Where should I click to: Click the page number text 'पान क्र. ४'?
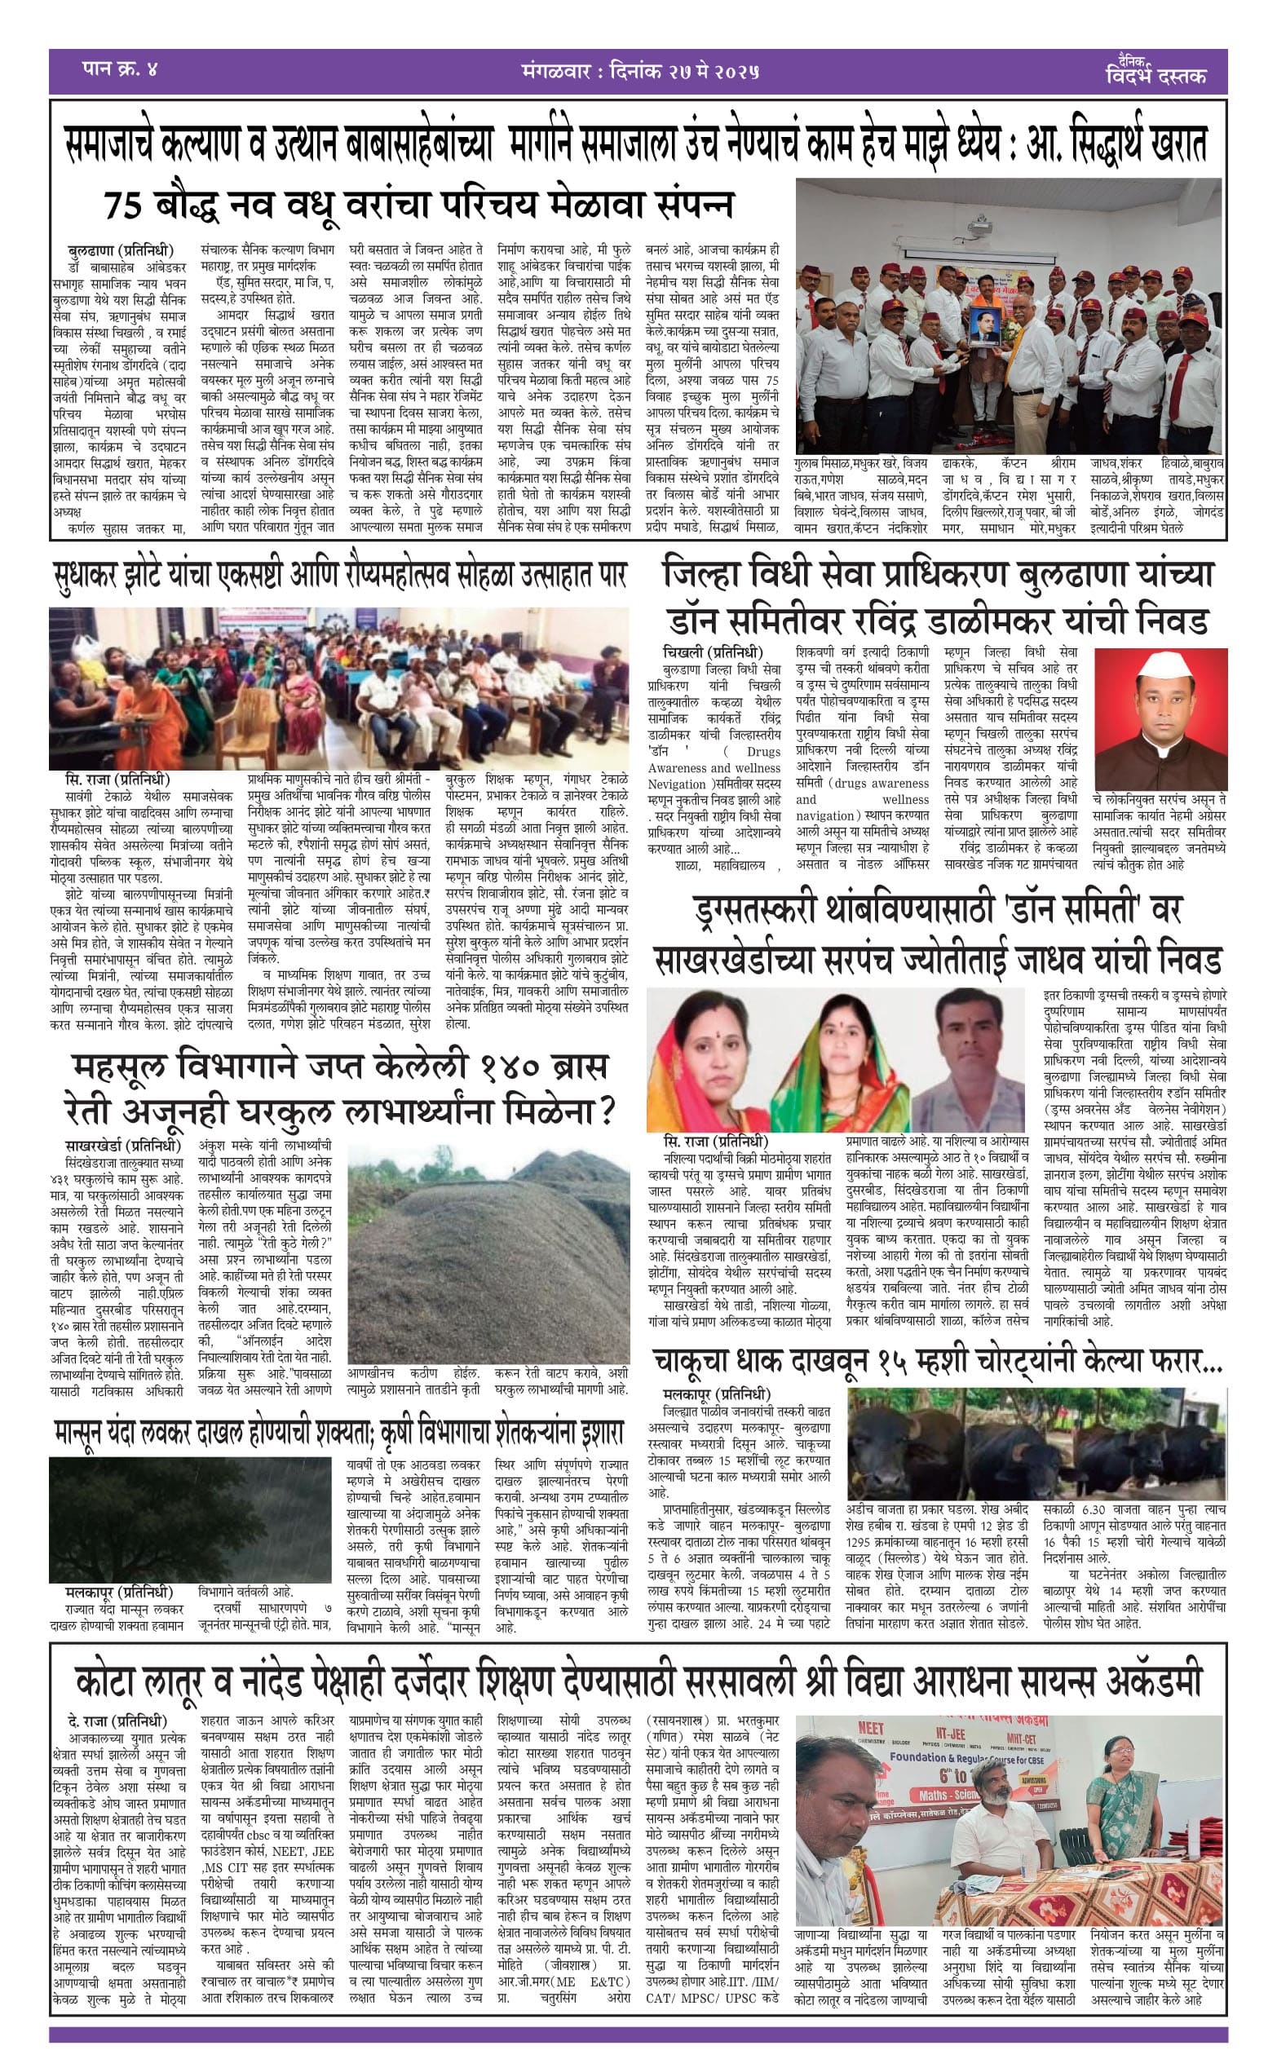120,69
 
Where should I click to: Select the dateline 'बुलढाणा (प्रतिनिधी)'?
120,251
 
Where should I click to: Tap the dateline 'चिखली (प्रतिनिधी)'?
714,652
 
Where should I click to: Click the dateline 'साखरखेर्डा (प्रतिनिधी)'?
123,1146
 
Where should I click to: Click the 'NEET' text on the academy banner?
871,1705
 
